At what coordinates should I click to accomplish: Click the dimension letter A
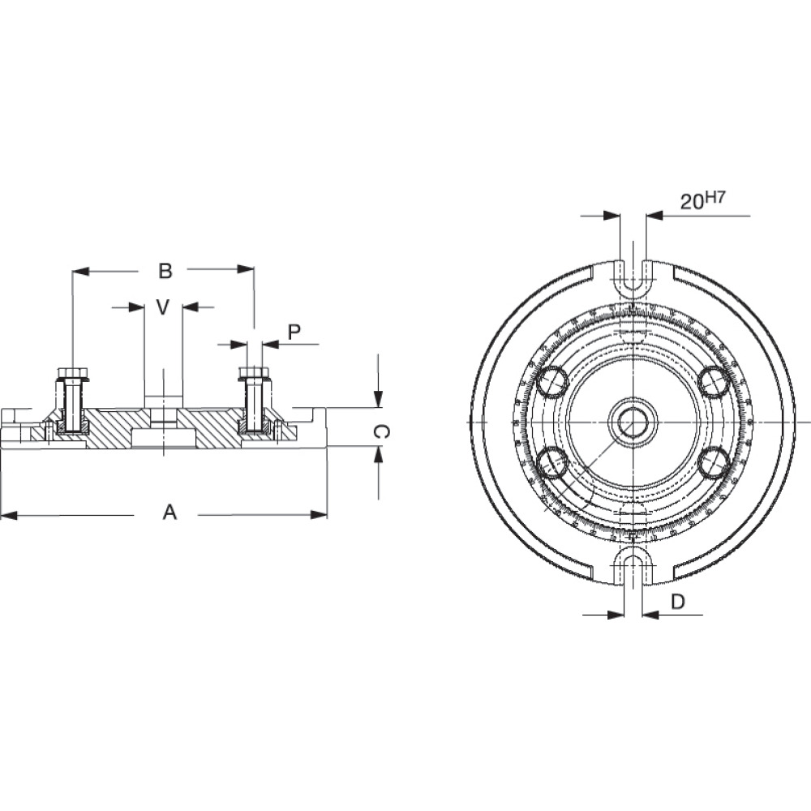pyautogui.click(x=169, y=513)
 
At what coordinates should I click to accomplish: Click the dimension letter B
pyautogui.click(x=165, y=271)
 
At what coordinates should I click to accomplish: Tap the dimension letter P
pyautogui.click(x=294, y=332)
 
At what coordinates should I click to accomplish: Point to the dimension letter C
pyautogui.click(x=378, y=433)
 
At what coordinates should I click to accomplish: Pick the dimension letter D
pyautogui.click(x=678, y=602)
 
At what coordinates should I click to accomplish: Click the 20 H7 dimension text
pyautogui.click(x=702, y=201)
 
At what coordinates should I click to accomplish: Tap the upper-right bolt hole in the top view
pyautogui.click(x=714, y=381)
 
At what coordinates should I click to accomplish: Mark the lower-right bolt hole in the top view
pyautogui.click(x=714, y=463)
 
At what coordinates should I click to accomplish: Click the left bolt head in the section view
pyautogui.click(x=72, y=375)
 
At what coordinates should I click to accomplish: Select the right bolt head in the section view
pyautogui.click(x=255, y=374)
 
